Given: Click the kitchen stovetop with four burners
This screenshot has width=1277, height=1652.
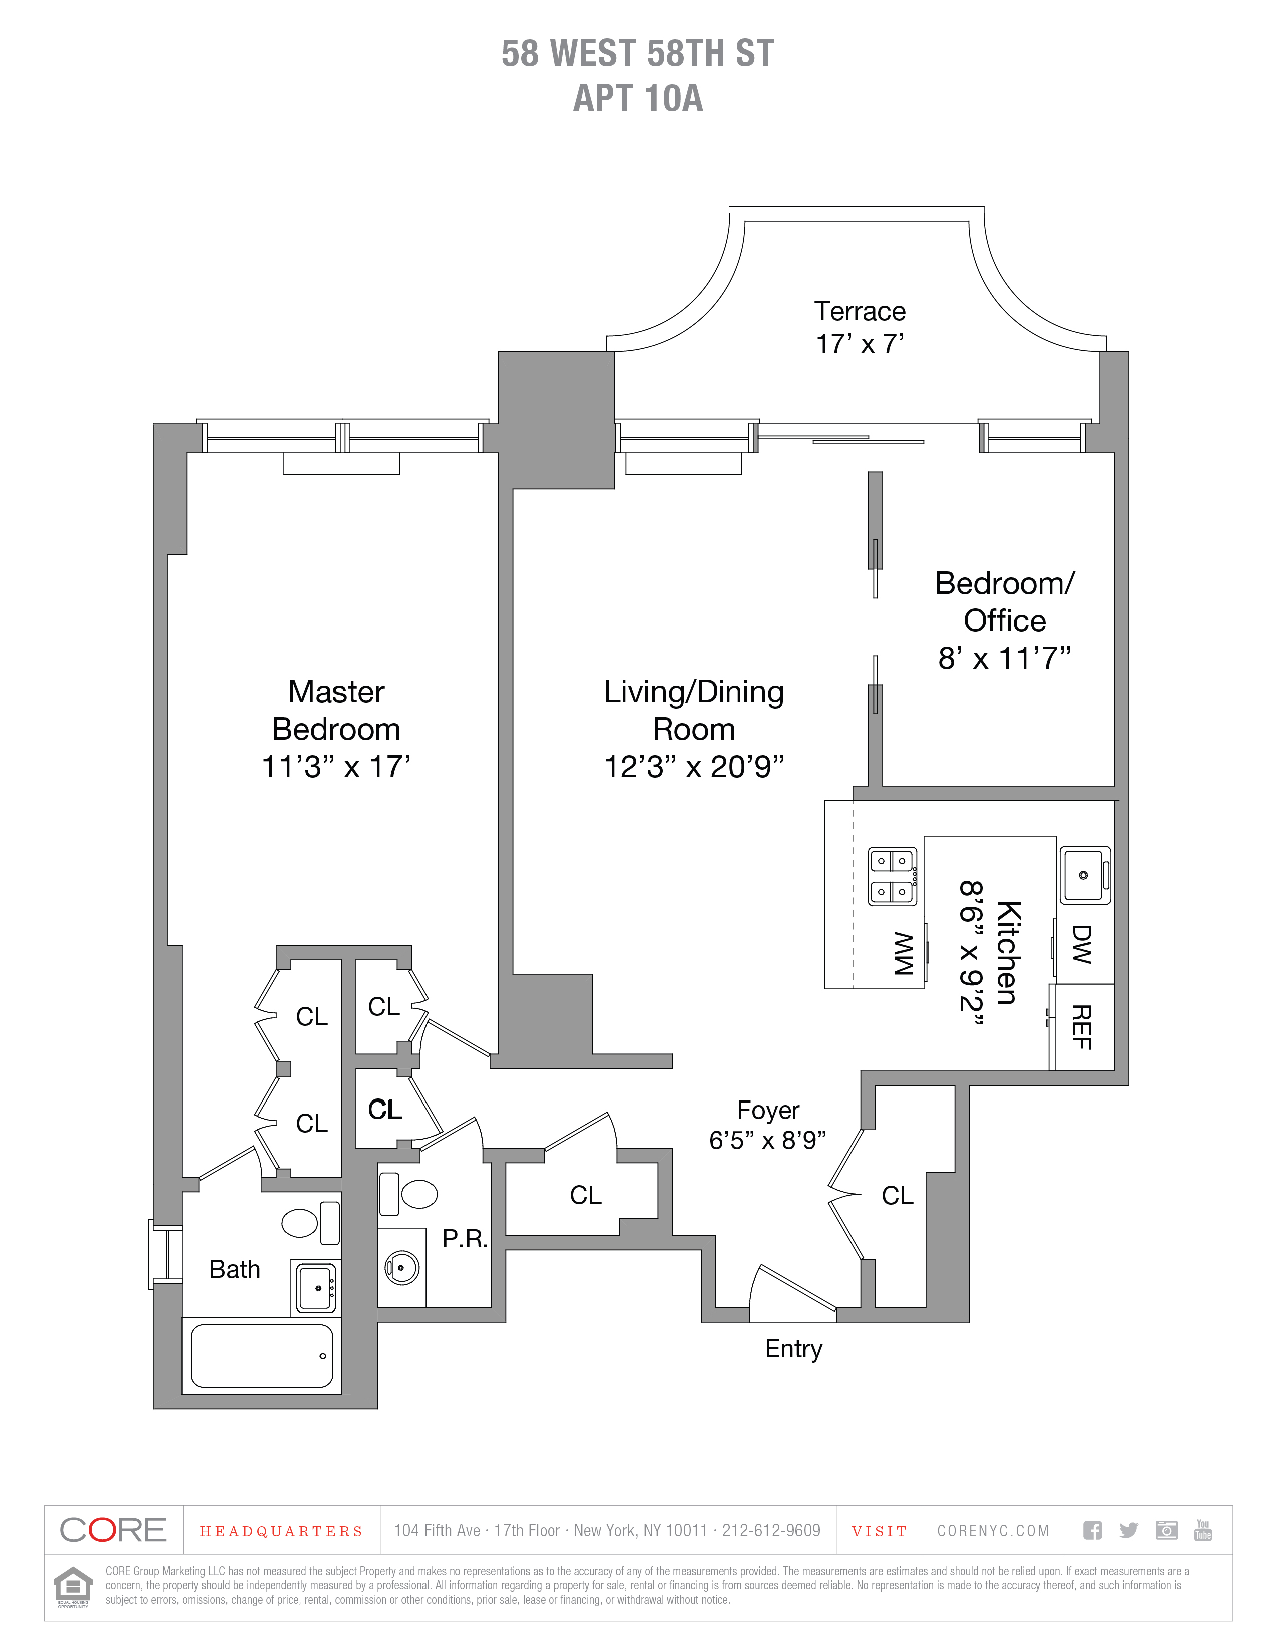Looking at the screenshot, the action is click(x=892, y=877).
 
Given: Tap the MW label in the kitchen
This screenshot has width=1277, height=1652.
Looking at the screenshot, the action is click(x=904, y=954).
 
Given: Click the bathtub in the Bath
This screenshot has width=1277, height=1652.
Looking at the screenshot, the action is click(x=262, y=1356).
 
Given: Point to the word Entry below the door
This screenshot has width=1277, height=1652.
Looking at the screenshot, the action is click(x=793, y=1349).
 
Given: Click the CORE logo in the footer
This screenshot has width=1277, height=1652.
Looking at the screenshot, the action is click(x=113, y=1530).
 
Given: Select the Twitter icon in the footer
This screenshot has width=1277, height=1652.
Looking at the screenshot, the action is click(x=1129, y=1530).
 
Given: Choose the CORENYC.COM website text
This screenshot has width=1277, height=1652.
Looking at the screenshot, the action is click(x=993, y=1531).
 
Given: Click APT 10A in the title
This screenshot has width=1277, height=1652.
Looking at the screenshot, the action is click(x=638, y=98).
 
